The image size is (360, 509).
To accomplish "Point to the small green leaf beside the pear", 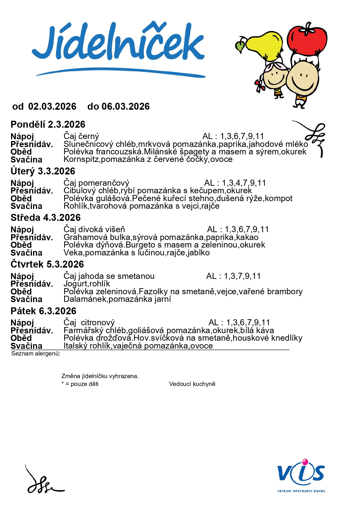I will (x=240, y=46).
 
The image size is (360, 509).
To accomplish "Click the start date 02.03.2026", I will (x=52, y=107).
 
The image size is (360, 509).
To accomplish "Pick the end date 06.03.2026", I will (x=126, y=107).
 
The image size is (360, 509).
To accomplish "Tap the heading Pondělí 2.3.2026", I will (x=48, y=124).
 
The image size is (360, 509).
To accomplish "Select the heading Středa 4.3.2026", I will (x=46, y=218).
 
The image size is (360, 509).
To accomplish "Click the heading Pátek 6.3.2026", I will (x=44, y=311).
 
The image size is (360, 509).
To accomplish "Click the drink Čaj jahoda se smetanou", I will (x=109, y=276).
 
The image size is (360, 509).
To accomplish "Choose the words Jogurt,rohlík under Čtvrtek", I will (x=87, y=284).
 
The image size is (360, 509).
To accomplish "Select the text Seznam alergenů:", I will (x=36, y=353).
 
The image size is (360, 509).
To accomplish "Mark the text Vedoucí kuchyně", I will (x=192, y=384).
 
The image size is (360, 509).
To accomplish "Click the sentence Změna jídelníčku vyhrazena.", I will (x=100, y=376).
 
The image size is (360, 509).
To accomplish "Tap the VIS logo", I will (x=301, y=476).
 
